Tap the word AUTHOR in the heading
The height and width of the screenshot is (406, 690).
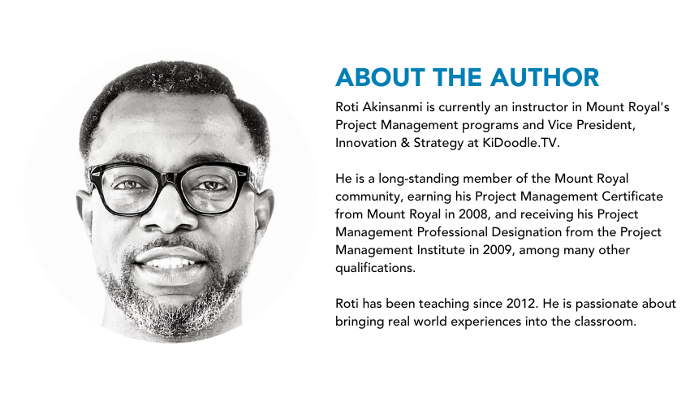coord(545,77)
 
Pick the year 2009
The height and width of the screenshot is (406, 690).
coord(498,249)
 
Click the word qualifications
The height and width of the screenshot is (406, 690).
coord(375,268)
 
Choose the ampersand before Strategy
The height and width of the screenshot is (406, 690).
coord(405,143)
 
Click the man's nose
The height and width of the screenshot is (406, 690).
coord(170,211)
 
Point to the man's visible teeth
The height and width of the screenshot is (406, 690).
coord(170,263)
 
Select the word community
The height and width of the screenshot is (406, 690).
coord(369,197)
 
